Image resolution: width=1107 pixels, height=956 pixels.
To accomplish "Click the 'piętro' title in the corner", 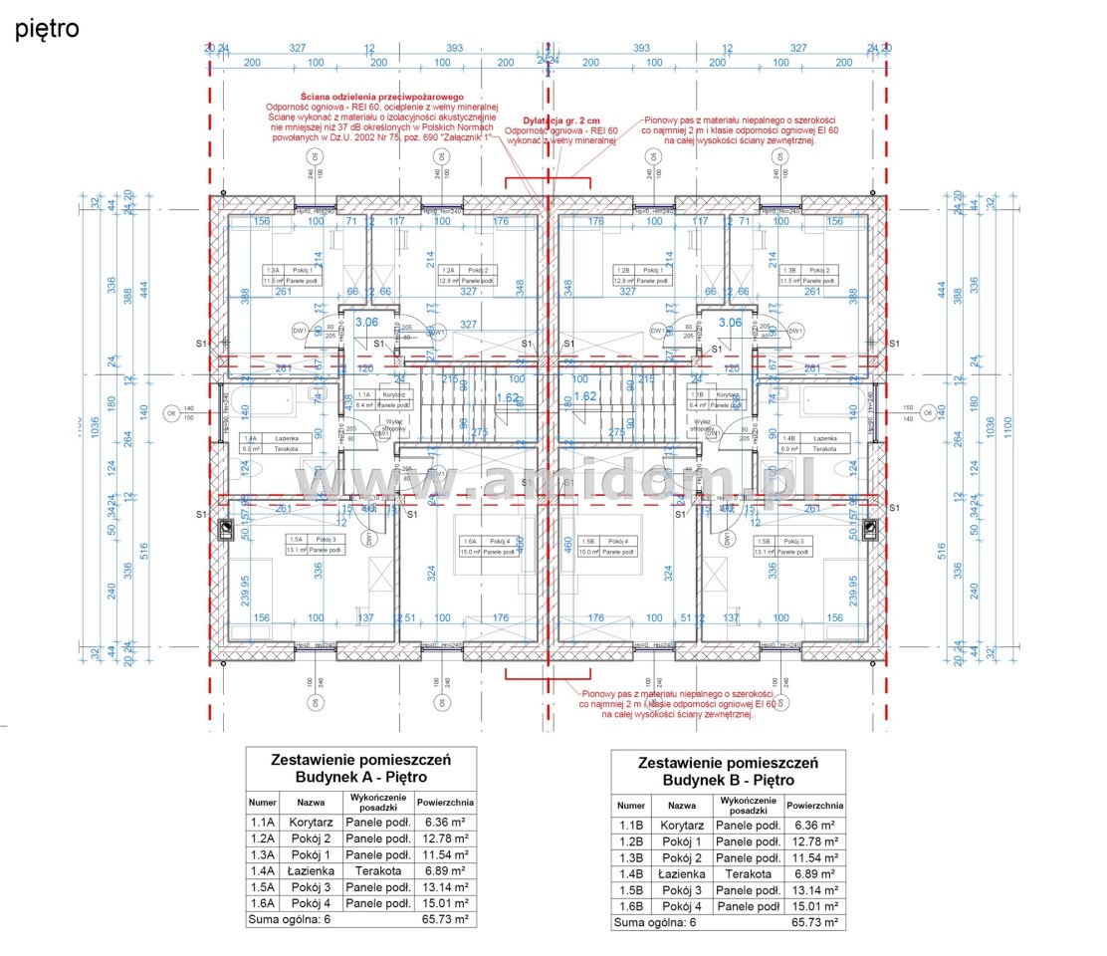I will pyautogui.click(x=47, y=29).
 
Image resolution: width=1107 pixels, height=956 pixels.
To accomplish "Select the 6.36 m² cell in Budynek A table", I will pyautogui.click(x=445, y=823).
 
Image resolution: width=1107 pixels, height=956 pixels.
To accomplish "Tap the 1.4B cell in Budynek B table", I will pyautogui.click(x=631, y=873).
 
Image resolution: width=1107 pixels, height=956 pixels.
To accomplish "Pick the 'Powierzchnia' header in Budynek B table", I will pyautogui.click(x=814, y=807).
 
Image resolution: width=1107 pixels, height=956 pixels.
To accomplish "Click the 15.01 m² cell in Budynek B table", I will pyautogui.click(x=814, y=906).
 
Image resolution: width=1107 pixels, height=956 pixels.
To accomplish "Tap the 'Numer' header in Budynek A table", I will pyautogui.click(x=263, y=802).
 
